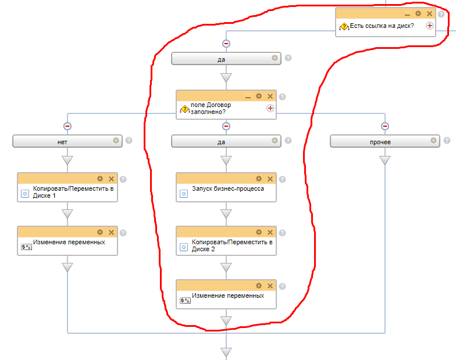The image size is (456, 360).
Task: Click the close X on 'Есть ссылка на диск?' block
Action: point(429,13)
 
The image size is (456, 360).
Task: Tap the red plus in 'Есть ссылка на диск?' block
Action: point(430,26)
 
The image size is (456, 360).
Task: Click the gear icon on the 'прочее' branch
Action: point(433,140)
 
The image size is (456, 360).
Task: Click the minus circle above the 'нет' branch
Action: point(67,126)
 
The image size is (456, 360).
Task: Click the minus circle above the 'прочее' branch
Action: point(385,126)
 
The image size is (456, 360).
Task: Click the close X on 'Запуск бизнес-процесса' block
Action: point(270,179)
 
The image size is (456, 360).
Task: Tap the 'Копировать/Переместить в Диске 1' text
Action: point(73,193)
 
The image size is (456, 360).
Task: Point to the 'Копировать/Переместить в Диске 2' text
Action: point(231,245)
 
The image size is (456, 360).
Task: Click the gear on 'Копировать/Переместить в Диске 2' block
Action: point(259,232)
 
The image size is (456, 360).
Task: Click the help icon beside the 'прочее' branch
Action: point(447,140)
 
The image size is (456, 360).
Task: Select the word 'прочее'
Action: point(380,141)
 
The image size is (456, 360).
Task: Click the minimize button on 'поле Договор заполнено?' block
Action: point(248,97)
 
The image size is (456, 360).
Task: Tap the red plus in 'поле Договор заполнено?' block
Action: point(270,108)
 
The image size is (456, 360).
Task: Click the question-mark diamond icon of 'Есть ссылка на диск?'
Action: point(344,26)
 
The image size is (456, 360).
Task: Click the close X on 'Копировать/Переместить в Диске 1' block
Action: point(111,179)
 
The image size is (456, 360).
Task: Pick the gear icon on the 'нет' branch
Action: point(116,140)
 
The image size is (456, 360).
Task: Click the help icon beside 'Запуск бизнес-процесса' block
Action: point(282,179)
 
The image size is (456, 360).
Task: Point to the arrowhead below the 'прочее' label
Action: point(385,161)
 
